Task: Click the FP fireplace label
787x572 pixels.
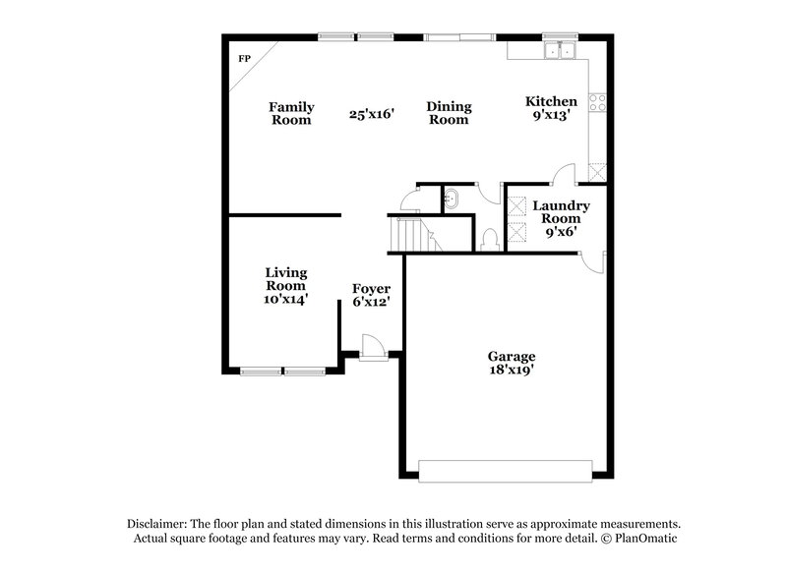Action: [x=244, y=59]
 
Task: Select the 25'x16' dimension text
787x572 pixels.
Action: [x=371, y=114]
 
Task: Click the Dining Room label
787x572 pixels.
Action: [x=448, y=113]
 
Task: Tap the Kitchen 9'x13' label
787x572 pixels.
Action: [x=551, y=108]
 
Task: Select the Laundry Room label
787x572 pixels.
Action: [x=561, y=212]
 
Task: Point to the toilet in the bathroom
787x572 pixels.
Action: [x=491, y=238]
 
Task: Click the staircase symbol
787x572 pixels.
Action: [x=406, y=234]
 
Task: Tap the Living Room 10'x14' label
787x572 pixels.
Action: [x=286, y=286]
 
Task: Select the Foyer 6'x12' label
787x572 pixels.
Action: [x=371, y=296]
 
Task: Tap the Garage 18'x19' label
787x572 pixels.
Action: [x=512, y=364]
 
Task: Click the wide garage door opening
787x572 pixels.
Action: [x=505, y=469]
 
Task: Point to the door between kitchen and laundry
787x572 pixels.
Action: [x=564, y=177]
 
